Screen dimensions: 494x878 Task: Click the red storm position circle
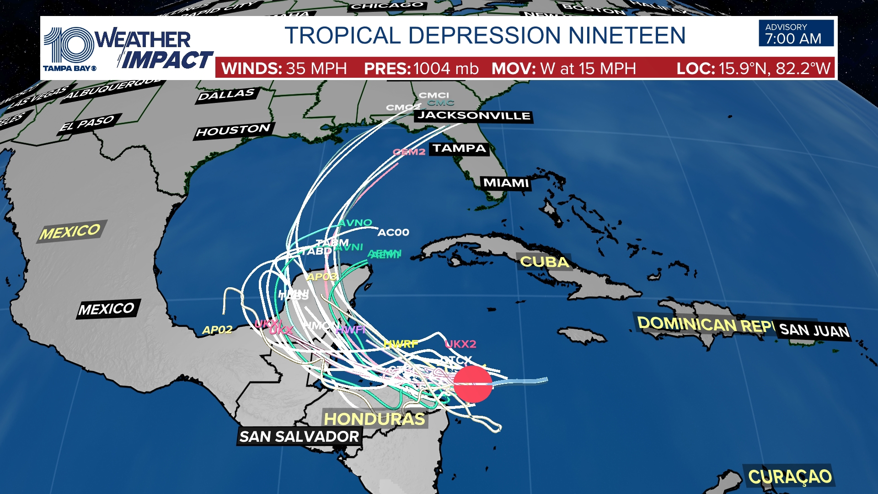473,384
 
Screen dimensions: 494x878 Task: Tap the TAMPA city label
459,149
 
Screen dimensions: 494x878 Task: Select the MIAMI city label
506,183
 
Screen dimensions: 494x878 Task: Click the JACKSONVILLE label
474,116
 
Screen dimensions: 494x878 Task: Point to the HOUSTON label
233,131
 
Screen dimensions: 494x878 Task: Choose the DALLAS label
226,95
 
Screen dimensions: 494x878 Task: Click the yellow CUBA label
544,262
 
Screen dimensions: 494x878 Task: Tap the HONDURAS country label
375,419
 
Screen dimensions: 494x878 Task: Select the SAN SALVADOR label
300,437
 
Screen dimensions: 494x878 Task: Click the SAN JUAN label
814,330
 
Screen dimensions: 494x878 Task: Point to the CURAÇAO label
790,477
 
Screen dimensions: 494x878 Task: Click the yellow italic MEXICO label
70,232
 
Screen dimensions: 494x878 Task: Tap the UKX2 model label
460,344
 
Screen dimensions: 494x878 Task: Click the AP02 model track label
217,330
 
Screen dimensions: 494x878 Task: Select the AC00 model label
393,232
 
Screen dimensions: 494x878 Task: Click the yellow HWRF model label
401,344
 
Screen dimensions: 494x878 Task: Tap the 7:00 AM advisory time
793,39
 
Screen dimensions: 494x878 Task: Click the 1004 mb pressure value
446,69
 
